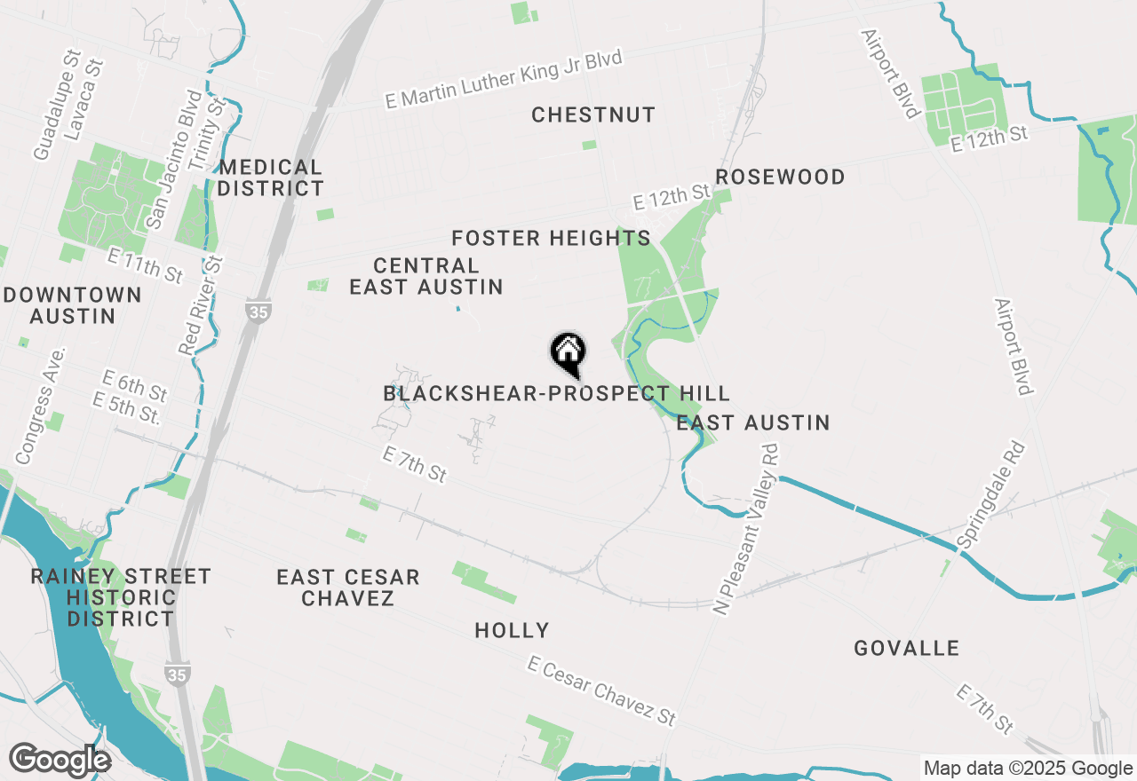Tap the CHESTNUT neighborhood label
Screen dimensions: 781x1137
(593, 114)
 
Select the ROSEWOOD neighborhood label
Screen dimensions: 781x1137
(780, 177)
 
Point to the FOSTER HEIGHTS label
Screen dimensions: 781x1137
(551, 238)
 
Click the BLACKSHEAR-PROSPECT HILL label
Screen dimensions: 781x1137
(556, 393)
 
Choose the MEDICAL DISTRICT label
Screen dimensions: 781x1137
(271, 177)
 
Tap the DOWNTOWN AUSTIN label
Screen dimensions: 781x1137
(72, 304)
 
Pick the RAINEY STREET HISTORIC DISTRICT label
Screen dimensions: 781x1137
(121, 597)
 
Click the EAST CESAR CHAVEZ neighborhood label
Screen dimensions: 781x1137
(348, 588)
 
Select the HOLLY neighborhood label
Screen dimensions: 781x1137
(512, 630)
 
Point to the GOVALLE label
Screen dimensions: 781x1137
(907, 648)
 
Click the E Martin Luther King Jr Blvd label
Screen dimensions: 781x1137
(504, 79)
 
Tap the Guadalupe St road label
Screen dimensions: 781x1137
(56, 105)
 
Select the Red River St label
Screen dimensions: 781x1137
(202, 305)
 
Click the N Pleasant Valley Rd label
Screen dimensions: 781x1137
(746, 530)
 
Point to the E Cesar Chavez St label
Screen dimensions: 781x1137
(601, 690)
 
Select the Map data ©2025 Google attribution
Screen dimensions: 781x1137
(1028, 769)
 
